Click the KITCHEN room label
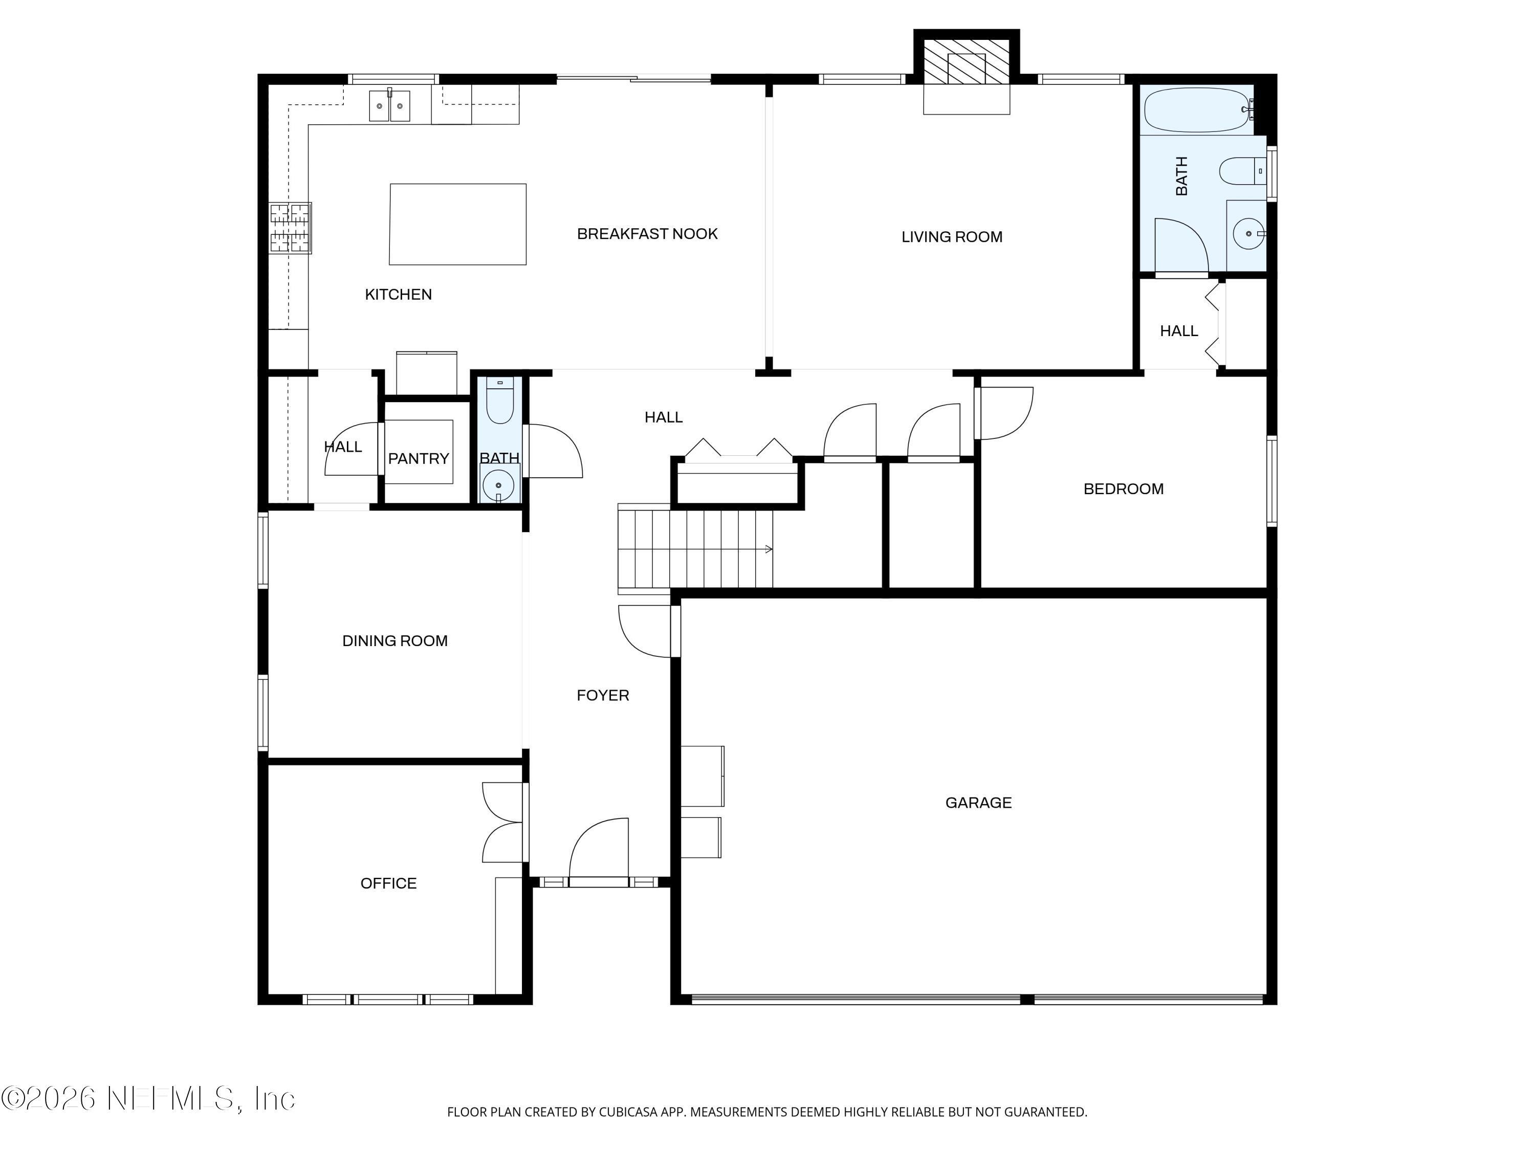pyautogui.click(x=398, y=294)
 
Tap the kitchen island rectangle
pyautogui.click(x=457, y=224)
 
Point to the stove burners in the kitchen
pyautogui.click(x=290, y=228)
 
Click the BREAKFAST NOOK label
pyautogui.click(x=647, y=234)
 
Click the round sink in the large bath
pyautogui.click(x=1248, y=234)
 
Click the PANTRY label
pyautogui.click(x=419, y=458)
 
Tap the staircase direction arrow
pyautogui.click(x=768, y=549)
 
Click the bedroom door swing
pyautogui.click(x=1005, y=413)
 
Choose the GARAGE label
pyautogui.click(x=978, y=803)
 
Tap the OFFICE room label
pyautogui.click(x=388, y=883)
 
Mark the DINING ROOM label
pyautogui.click(x=395, y=641)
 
